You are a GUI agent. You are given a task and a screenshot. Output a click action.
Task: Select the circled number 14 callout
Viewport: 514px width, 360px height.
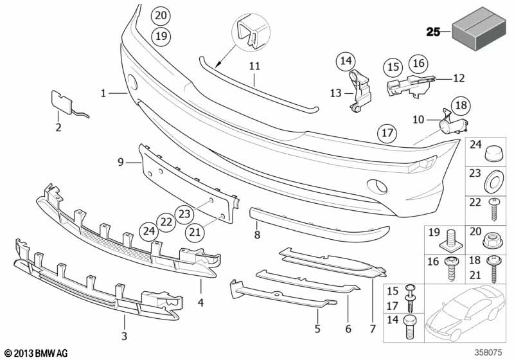point(346,62)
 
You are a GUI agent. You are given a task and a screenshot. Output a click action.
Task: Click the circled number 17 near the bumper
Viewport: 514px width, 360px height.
point(386,134)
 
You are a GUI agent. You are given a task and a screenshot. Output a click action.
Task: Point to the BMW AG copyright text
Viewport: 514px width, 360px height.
point(35,352)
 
